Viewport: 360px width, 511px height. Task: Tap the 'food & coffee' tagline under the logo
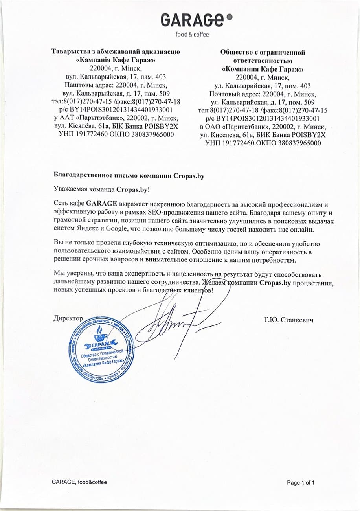click(x=192, y=34)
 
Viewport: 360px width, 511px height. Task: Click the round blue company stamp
click(x=99, y=351)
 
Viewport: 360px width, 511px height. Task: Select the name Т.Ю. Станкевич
click(x=288, y=320)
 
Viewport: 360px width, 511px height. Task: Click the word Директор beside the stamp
click(x=68, y=318)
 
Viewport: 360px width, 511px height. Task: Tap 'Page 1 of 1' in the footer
click(x=301, y=483)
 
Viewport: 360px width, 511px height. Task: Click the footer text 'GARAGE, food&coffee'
click(x=79, y=482)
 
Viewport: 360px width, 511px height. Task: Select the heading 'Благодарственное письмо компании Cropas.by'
click(x=129, y=176)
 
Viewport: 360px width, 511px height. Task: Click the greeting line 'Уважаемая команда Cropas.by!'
click(x=101, y=189)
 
